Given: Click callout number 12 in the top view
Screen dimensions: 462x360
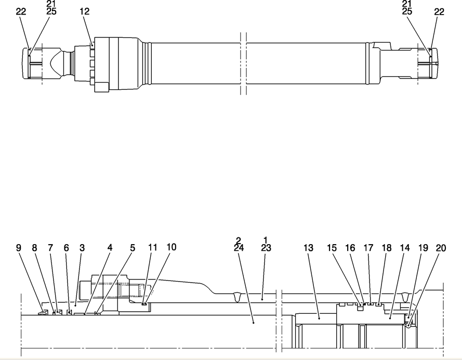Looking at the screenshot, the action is pyautogui.click(x=85, y=11).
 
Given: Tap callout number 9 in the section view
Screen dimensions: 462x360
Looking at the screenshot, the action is pyautogui.click(x=19, y=248).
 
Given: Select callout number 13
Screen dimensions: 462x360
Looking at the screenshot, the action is pyautogui.click(x=309, y=248).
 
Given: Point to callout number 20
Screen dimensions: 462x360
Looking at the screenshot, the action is pyautogui.click(x=441, y=248).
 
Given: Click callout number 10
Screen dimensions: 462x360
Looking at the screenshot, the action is pyautogui.click(x=171, y=247).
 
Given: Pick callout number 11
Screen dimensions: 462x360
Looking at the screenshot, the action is pyautogui.click(x=152, y=247).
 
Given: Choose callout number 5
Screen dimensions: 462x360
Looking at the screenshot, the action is pyautogui.click(x=133, y=248).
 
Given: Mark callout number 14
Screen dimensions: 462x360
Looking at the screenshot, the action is pyautogui.click(x=405, y=248).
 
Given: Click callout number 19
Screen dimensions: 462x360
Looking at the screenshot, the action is pyautogui.click(x=423, y=248).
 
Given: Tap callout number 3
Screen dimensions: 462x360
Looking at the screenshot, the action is pyautogui.click(x=82, y=248).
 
